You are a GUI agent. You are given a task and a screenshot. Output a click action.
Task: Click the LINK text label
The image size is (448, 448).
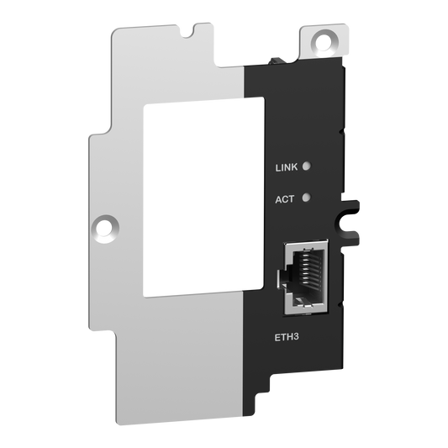tap(287, 167)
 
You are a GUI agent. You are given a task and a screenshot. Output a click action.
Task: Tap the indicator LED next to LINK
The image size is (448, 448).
tap(308, 166)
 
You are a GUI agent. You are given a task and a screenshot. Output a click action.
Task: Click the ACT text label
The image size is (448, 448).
tap(285, 199)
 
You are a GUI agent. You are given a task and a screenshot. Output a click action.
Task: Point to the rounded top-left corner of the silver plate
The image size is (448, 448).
tap(117, 30)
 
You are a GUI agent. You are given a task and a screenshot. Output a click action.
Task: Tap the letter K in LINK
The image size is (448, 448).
tap(295, 167)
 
